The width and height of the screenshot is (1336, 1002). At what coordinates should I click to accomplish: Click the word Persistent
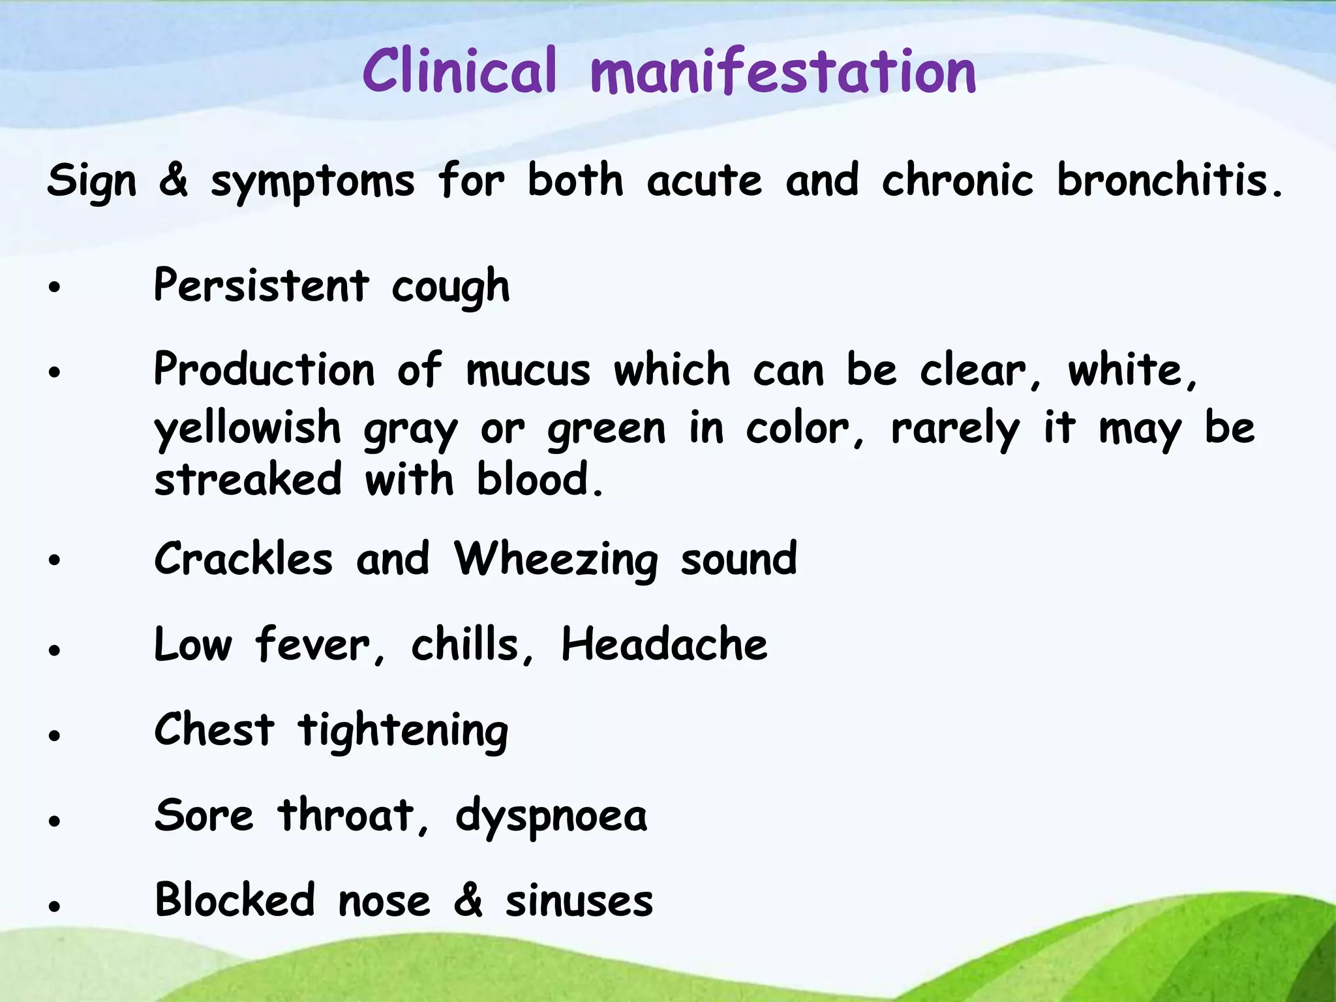pyautogui.click(x=262, y=286)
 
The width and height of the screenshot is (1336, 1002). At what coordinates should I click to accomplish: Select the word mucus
pyautogui.click(x=528, y=371)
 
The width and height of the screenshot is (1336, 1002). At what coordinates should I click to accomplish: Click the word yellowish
pyautogui.click(x=248, y=429)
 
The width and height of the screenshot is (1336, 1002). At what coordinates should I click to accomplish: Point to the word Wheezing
pyautogui.click(x=556, y=560)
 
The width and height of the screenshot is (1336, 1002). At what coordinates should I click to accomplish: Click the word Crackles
pyautogui.click(x=243, y=559)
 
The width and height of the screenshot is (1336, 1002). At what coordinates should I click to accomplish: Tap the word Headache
pyautogui.click(x=664, y=645)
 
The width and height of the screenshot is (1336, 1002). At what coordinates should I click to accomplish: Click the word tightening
pyautogui.click(x=402, y=731)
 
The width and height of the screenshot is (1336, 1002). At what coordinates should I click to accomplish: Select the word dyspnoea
pyautogui.click(x=551, y=817)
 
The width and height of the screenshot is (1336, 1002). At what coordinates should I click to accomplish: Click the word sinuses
pyautogui.click(x=579, y=901)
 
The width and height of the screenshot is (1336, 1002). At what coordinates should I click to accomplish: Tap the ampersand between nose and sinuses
pyautogui.click(x=468, y=900)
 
